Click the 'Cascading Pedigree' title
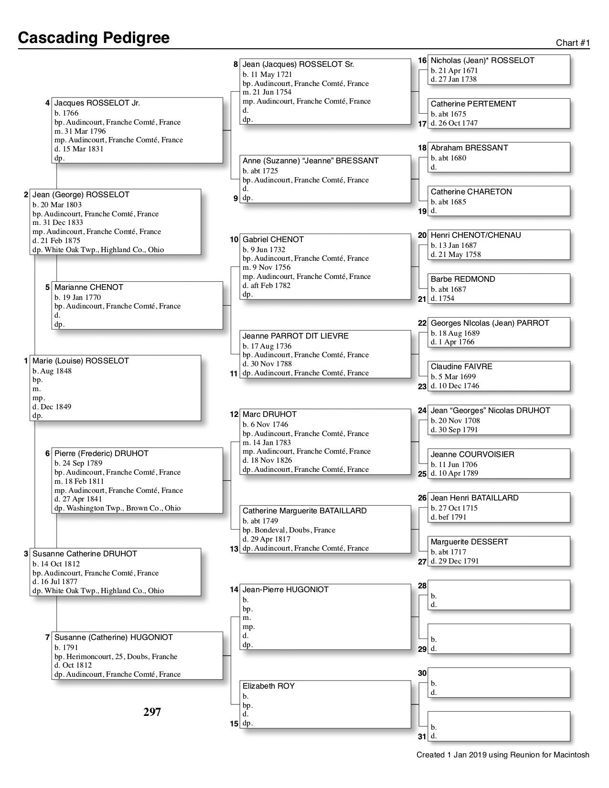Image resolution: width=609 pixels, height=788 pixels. tap(94, 38)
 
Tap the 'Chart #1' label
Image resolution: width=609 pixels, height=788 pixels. tap(573, 43)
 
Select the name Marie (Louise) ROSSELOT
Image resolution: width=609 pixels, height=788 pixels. tap(81, 361)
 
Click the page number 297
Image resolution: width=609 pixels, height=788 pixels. tap(152, 712)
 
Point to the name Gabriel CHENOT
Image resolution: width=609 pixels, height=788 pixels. tap(273, 240)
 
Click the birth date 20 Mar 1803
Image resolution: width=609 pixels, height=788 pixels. tap(57, 205)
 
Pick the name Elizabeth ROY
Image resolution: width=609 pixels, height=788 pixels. tap(268, 686)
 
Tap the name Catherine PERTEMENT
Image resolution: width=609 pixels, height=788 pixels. tap(473, 104)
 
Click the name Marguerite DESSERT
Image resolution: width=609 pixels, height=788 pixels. tap(469, 542)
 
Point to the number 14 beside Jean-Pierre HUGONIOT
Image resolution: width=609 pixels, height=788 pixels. tap(234, 590)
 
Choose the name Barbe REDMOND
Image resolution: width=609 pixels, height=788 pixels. tap(462, 279)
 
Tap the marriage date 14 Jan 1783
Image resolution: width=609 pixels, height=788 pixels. tap(267, 443)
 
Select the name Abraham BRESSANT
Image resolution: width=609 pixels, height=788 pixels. tap(469, 148)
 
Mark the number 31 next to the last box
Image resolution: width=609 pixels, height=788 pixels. tap(422, 736)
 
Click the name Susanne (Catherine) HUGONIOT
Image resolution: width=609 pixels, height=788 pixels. tap(114, 638)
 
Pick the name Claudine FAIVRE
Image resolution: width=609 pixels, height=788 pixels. tap(461, 367)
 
